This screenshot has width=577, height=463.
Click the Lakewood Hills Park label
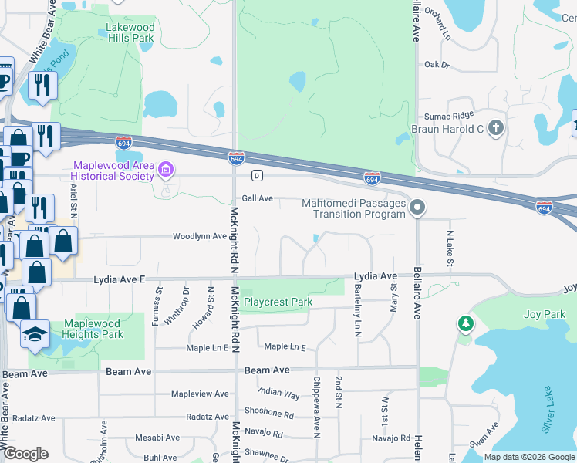(130, 32)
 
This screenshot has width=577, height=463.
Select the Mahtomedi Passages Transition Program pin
(417, 208)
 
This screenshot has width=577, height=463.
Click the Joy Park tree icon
(464, 324)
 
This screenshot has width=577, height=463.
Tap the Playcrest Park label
(278, 302)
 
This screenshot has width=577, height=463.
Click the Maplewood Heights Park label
(93, 329)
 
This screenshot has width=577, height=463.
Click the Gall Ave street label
(258, 198)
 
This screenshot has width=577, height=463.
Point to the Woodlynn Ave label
(200, 236)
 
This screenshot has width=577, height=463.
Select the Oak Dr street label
(437, 65)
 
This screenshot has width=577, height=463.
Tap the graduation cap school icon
(35, 334)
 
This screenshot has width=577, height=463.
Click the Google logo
(25, 454)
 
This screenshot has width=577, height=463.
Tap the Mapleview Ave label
(200, 394)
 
